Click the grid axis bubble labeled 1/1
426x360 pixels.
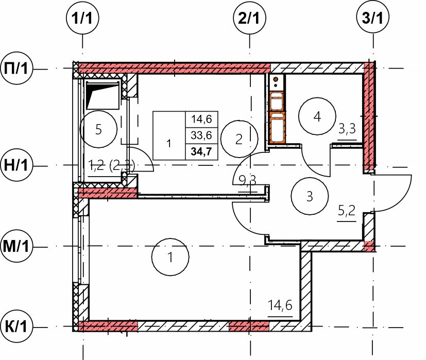[x=82, y=18]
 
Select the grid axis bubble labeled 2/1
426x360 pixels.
[x=250, y=18]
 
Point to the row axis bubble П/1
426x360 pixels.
[x=16, y=68]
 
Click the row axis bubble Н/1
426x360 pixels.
[x=16, y=165]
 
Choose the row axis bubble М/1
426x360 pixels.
[x=16, y=246]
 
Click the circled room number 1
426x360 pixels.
[x=171, y=257]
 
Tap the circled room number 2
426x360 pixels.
[x=239, y=139]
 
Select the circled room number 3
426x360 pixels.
[x=310, y=196]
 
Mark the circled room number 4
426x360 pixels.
[x=317, y=116]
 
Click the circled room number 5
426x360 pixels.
[x=98, y=129]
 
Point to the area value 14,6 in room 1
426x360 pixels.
[x=280, y=305]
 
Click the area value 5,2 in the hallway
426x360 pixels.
[x=347, y=210]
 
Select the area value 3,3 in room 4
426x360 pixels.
[x=347, y=129]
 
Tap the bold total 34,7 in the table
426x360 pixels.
[x=201, y=151]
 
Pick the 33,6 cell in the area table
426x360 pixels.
[x=201, y=135]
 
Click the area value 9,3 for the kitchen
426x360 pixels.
[x=247, y=180]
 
